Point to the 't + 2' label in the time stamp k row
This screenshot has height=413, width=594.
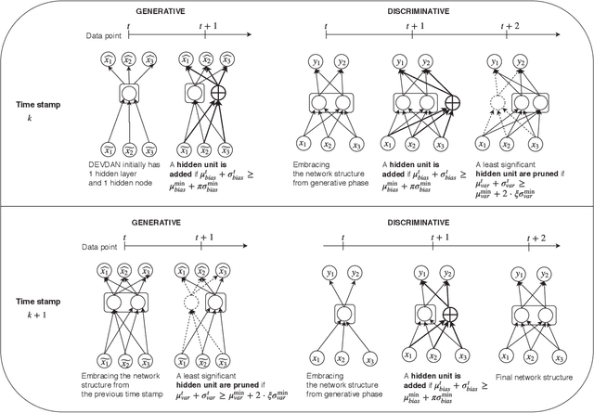tap(507, 27)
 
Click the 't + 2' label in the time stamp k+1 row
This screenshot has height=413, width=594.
tap(536, 239)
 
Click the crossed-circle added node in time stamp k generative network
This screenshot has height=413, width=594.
tap(220, 93)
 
